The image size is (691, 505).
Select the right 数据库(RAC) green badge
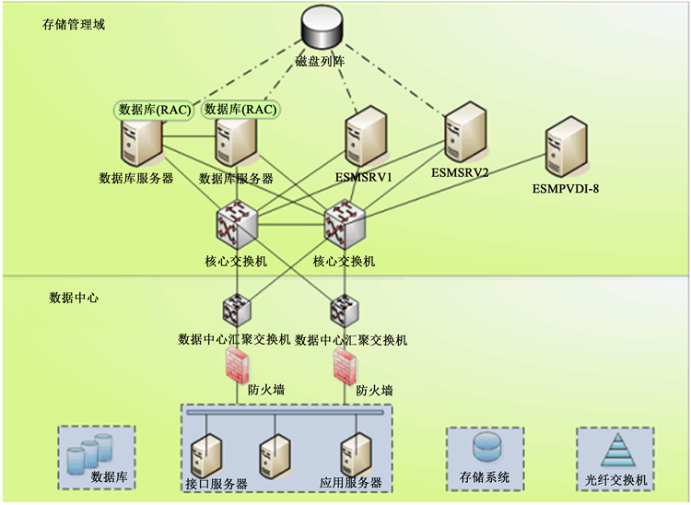(x=240, y=110)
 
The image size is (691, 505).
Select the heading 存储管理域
(x=74, y=25)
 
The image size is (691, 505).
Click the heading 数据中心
(x=74, y=299)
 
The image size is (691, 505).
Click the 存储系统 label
(x=484, y=479)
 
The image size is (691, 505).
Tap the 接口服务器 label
(x=217, y=484)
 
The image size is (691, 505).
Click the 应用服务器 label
(x=350, y=483)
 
